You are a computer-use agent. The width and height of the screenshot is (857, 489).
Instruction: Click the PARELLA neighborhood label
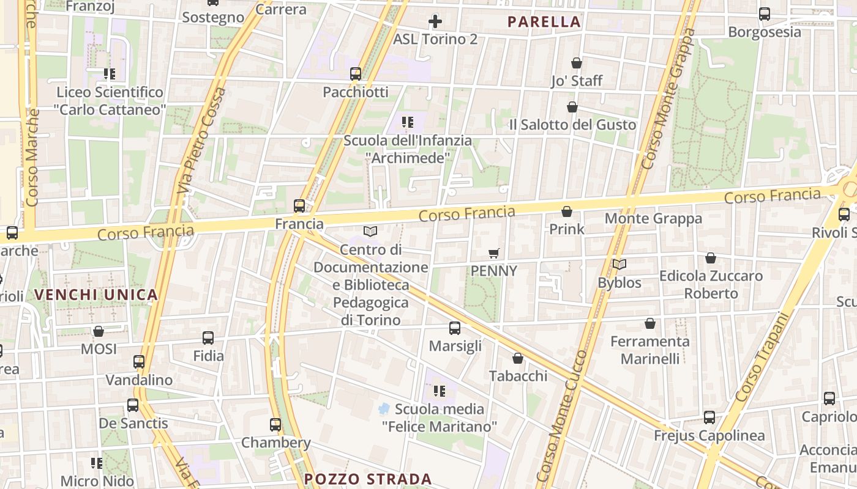click(x=544, y=22)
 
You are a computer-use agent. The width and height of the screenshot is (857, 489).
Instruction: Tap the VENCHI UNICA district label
click(x=96, y=295)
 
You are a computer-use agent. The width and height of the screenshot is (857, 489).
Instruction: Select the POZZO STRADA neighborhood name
click(x=368, y=479)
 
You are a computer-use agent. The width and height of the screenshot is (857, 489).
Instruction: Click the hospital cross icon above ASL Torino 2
click(x=435, y=21)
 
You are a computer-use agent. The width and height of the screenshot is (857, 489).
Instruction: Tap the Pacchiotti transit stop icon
click(x=356, y=74)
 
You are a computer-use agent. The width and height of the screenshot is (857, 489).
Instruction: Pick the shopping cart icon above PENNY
click(x=494, y=253)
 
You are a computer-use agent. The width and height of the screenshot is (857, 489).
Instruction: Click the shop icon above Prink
click(x=567, y=211)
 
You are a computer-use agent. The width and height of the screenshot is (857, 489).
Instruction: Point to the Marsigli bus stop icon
click(x=455, y=328)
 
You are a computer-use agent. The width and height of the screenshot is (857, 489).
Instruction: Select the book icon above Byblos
click(x=619, y=265)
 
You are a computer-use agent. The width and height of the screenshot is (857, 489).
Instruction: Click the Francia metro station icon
click(x=299, y=206)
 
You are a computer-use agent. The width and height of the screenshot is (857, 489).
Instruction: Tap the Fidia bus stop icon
click(x=208, y=337)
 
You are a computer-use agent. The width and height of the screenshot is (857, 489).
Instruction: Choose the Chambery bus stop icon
click(x=275, y=425)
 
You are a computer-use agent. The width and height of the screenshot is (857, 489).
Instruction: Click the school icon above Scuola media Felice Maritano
click(x=439, y=391)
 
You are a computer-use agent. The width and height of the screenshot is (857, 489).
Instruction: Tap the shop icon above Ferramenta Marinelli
click(x=650, y=323)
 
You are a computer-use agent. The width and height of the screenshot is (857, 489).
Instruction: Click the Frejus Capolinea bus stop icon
click(x=709, y=417)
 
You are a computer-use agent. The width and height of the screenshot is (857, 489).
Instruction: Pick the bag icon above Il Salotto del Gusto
click(x=572, y=107)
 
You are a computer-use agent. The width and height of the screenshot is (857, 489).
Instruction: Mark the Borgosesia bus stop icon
click(x=765, y=13)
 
